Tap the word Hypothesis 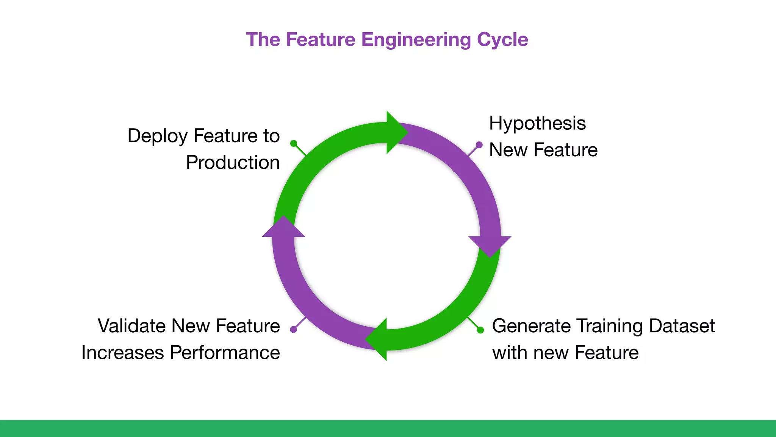click(537, 123)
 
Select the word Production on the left click(233, 163)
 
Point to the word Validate click(131, 326)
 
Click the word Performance click(225, 352)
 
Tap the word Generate click(529, 326)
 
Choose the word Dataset click(682, 326)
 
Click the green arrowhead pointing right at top click(395, 132)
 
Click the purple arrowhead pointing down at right click(490, 245)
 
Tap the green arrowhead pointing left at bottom click(378, 339)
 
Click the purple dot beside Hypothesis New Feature click(479, 145)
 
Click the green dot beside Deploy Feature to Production click(294, 143)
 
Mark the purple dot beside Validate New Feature click(293, 329)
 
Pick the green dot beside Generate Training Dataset click(480, 330)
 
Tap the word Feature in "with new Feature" click(606, 352)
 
